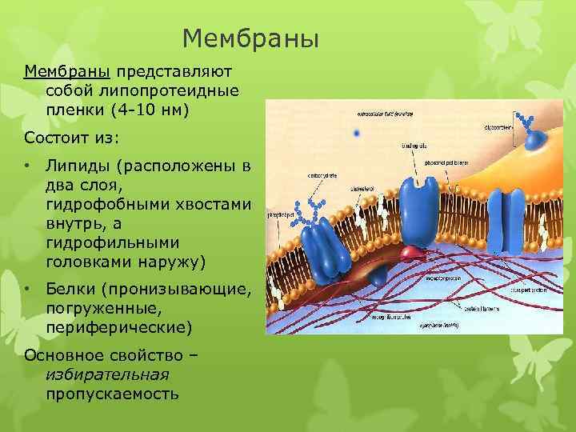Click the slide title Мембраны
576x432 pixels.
pos(250,38)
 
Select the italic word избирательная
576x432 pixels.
pos(107,374)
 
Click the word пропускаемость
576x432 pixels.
pos(112,394)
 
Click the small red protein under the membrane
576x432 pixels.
pos(412,254)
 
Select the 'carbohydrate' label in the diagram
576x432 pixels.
pos(322,175)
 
